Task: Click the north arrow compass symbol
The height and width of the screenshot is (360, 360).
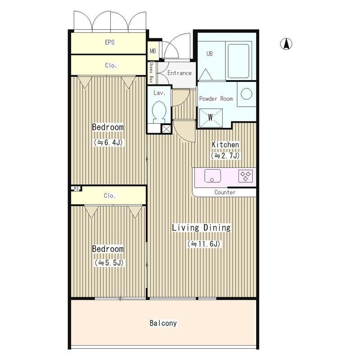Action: pyautogui.click(x=286, y=44)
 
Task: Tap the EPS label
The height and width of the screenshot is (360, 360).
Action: pyautogui.click(x=110, y=42)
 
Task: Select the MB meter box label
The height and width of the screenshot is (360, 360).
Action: pyautogui.click(x=153, y=51)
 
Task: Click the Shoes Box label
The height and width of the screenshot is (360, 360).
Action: pyautogui.click(x=151, y=72)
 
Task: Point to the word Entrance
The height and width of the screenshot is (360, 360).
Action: pyautogui.click(x=179, y=73)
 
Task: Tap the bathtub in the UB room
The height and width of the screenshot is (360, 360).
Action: pyautogui.click(x=238, y=61)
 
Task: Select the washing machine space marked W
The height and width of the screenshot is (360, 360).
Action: pyautogui.click(x=211, y=118)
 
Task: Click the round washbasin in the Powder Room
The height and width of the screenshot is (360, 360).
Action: pyautogui.click(x=246, y=94)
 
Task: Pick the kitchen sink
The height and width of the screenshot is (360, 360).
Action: pyautogui.click(x=212, y=176)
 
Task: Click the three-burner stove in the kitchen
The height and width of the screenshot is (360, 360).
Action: pyautogui.click(x=246, y=176)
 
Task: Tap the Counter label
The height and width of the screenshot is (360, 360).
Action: pyautogui.click(x=225, y=193)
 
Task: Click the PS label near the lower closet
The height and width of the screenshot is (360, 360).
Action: pyautogui.click(x=76, y=189)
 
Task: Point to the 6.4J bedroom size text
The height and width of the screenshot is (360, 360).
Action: pyautogui.click(x=108, y=142)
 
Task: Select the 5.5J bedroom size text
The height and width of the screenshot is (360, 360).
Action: pyautogui.click(x=109, y=263)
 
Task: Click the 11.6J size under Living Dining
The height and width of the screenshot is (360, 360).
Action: pyautogui.click(x=204, y=244)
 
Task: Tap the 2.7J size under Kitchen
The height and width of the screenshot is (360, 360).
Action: pyautogui.click(x=225, y=156)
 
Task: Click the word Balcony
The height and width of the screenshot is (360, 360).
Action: pyautogui.click(x=163, y=323)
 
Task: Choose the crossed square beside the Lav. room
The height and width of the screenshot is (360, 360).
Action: pyautogui.click(x=166, y=129)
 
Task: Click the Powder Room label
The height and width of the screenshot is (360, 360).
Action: pyautogui.click(x=216, y=99)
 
